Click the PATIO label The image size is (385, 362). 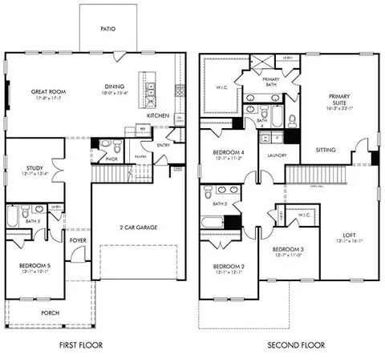click(x=107, y=29)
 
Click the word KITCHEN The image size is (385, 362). click(x=157, y=116)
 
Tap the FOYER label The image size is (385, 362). click(x=78, y=239)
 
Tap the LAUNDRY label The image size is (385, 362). click(x=278, y=156)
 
